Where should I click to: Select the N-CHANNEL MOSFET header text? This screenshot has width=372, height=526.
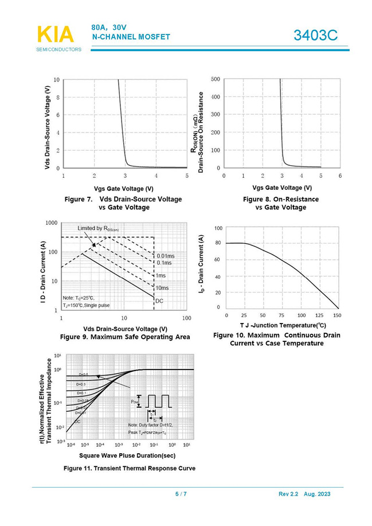click(131, 37)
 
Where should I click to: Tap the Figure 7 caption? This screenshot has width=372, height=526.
click(123, 203)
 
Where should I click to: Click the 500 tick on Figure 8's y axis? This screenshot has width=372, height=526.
click(216, 79)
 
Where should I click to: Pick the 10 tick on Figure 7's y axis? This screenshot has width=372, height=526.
click(56, 79)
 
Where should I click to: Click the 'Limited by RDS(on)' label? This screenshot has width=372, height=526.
click(98, 229)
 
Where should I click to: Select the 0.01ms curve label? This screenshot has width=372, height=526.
click(165, 255)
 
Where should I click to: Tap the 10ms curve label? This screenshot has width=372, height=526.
click(162, 288)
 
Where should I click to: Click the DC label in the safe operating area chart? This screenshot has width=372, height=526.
click(159, 301)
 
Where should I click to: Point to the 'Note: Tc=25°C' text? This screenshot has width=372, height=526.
click(78, 298)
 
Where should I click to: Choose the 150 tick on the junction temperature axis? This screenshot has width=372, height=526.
click(337, 315)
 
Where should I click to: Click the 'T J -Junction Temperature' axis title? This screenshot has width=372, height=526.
click(283, 325)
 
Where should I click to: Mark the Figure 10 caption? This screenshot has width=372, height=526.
click(276, 339)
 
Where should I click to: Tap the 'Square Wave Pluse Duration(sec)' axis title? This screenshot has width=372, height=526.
click(127, 455)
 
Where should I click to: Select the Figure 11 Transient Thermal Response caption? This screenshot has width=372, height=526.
click(129, 468)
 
